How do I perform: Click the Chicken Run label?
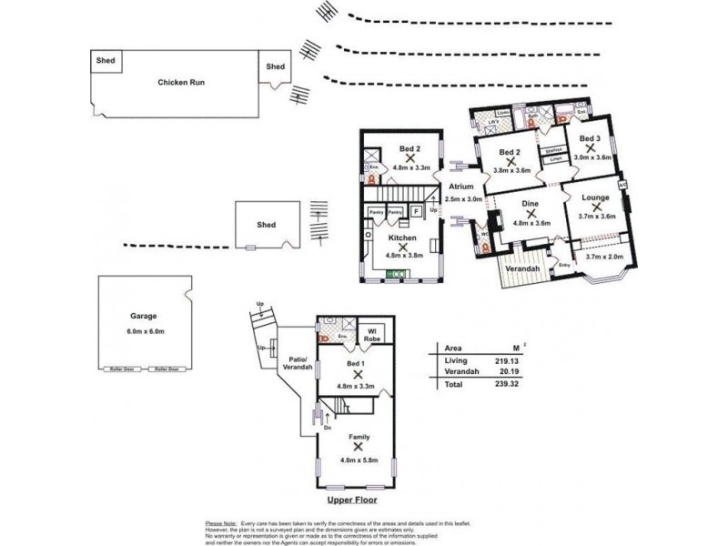pyautogui.click(x=180, y=82)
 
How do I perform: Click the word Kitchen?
pyautogui.click(x=402, y=238)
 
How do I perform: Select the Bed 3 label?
pyautogui.click(x=591, y=138)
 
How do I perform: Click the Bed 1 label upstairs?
pyautogui.click(x=356, y=363)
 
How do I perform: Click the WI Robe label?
pyautogui.click(x=371, y=333)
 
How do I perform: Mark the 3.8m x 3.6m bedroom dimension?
pyautogui.click(x=511, y=168)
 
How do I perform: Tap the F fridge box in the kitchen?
pyautogui.click(x=416, y=211)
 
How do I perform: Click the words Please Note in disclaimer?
pyautogui.click(x=221, y=524)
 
